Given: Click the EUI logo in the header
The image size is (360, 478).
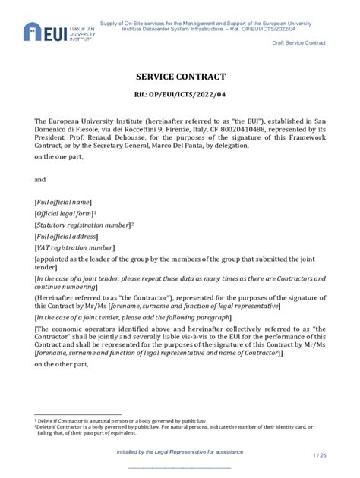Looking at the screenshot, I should pyautogui.click(x=59, y=31).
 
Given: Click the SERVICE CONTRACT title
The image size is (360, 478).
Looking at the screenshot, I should pyautogui.click(x=180, y=77).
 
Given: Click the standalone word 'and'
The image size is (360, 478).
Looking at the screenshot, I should pyautogui.click(x=41, y=180).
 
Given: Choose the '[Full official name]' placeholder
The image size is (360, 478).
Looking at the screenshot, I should pyautogui.click(x=63, y=202).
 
